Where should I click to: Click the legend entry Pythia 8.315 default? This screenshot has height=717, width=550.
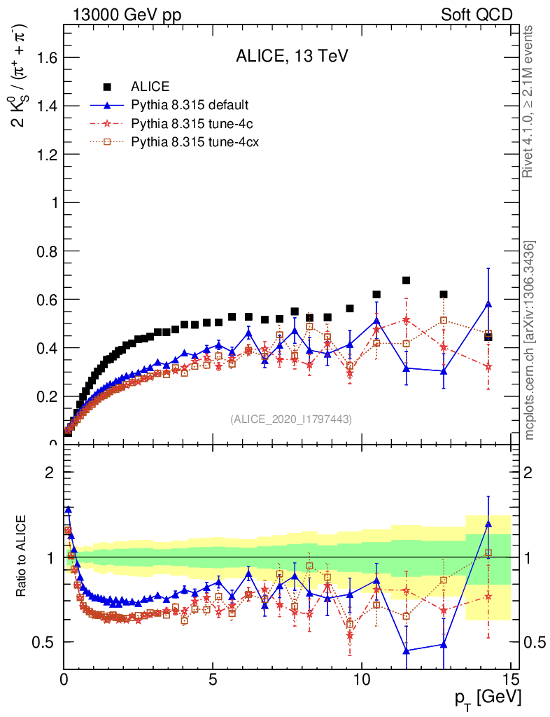click(189, 106)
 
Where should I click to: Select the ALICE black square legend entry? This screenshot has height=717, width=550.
click(150, 87)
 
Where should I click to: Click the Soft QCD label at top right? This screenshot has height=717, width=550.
click(477, 15)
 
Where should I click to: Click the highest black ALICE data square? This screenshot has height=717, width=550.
click(406, 280)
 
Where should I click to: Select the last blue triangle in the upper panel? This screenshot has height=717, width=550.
click(488, 303)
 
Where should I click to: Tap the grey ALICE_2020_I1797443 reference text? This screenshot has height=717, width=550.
click(291, 419)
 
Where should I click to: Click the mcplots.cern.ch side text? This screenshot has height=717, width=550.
click(531, 340)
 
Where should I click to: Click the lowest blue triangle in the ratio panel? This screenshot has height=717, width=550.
click(406, 650)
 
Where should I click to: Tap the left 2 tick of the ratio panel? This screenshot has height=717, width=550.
click(50, 472)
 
